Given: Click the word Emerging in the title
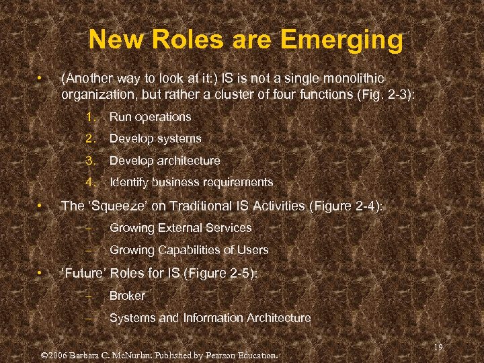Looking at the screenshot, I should coord(341,40).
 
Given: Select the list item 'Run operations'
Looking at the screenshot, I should coord(150,117).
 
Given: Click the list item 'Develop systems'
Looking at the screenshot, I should coord(155,138).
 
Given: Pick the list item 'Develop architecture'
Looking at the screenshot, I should coord(165,161).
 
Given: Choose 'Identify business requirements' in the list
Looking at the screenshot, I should coord(191,182).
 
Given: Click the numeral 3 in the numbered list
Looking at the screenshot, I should coord(89,161).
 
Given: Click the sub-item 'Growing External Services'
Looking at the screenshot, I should coord(180,228).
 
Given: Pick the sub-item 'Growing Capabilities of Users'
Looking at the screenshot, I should coord(189,250).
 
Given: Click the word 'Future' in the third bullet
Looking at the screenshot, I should coord(83,274).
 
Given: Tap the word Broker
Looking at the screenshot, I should coord(127,296).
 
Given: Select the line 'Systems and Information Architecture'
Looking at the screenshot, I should coord(210,318).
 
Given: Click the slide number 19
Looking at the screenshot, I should coord(438,347).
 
